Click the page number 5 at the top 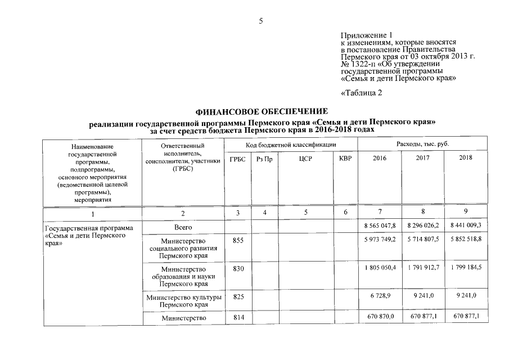(260, 21)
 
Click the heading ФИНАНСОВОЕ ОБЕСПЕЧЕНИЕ (261, 112)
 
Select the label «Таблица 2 (362, 93)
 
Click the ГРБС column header (238, 159)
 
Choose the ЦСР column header (305, 159)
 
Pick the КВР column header (345, 159)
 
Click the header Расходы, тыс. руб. (422, 145)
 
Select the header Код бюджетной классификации (291, 145)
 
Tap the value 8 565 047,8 (380, 226)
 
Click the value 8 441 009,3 (466, 226)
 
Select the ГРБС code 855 (238, 240)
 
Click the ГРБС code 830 (238, 268)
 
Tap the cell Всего (183, 226)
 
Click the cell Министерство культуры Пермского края (183, 300)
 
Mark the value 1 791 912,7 (423, 268)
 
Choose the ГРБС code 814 (238, 318)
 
